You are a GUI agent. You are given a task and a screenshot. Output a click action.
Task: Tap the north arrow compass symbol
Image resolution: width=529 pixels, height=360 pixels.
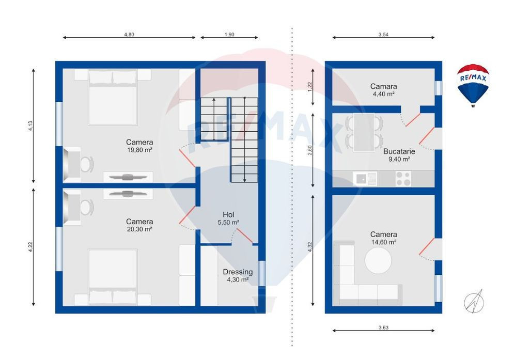click(474, 301)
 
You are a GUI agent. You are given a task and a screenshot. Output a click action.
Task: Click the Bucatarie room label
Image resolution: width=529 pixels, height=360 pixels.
click(399, 151)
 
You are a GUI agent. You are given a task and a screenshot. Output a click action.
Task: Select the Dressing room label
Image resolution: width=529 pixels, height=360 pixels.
click(238, 272)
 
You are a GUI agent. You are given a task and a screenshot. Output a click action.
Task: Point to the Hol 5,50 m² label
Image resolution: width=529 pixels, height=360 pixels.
click(228, 218)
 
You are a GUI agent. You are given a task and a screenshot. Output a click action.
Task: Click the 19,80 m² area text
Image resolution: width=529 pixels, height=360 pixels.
click(139, 150)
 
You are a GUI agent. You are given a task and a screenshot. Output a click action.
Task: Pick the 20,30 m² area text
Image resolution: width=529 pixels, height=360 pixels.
click(139, 229)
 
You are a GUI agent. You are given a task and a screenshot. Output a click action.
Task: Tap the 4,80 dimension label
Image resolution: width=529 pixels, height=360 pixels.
click(129, 35)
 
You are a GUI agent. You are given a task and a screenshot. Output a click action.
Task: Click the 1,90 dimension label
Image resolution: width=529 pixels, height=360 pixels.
click(229, 35)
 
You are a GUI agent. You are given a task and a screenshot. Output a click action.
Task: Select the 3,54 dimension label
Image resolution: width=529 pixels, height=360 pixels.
click(383, 35)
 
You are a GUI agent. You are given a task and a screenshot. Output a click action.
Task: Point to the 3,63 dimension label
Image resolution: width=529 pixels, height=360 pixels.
click(383, 327)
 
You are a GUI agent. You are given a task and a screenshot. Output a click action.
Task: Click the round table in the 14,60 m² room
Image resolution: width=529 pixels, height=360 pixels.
click(378, 261)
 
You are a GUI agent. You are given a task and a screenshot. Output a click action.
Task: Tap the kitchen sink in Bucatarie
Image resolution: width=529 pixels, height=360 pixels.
click(365, 179)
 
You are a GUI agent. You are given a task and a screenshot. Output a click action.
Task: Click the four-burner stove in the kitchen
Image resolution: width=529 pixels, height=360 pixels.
click(403, 179)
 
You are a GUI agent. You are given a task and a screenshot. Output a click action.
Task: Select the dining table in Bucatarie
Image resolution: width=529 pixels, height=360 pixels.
click(364, 133)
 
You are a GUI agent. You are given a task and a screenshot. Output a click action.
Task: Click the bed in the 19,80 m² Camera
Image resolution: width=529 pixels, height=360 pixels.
click(113, 97)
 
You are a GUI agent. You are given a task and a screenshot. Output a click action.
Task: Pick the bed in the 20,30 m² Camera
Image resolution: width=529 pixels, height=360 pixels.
click(113, 277)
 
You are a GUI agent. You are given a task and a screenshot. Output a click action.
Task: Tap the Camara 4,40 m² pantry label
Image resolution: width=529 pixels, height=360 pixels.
click(384, 90)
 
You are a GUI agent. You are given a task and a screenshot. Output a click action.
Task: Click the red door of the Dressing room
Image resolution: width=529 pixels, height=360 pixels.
click(244, 236)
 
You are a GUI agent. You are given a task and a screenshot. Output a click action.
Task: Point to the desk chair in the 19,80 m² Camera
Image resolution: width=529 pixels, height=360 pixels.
click(87, 165)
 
